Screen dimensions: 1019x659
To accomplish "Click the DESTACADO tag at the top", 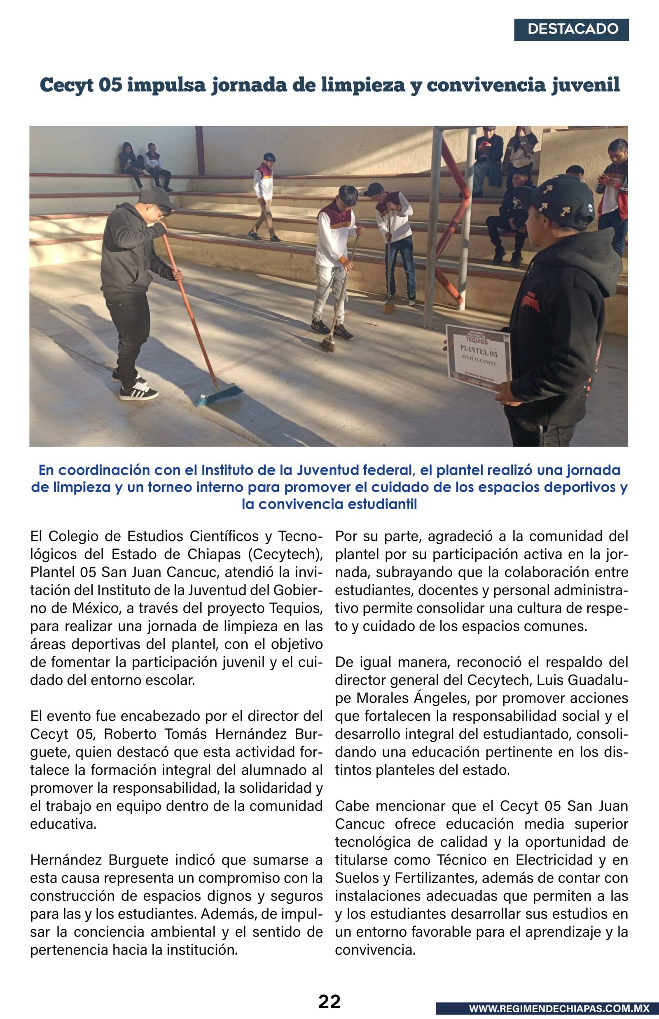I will click(571, 30).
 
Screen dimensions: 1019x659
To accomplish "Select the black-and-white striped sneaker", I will click(138, 392).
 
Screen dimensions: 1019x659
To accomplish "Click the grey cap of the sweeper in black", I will click(157, 197).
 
